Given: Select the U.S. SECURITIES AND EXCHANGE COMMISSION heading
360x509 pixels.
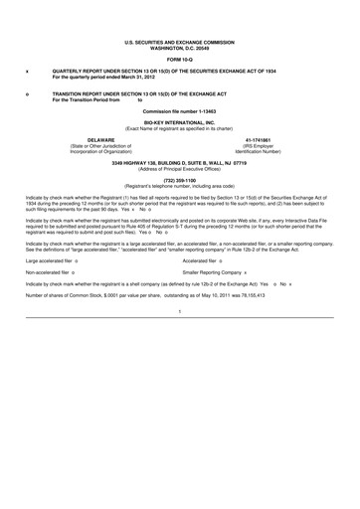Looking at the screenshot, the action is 179,43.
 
